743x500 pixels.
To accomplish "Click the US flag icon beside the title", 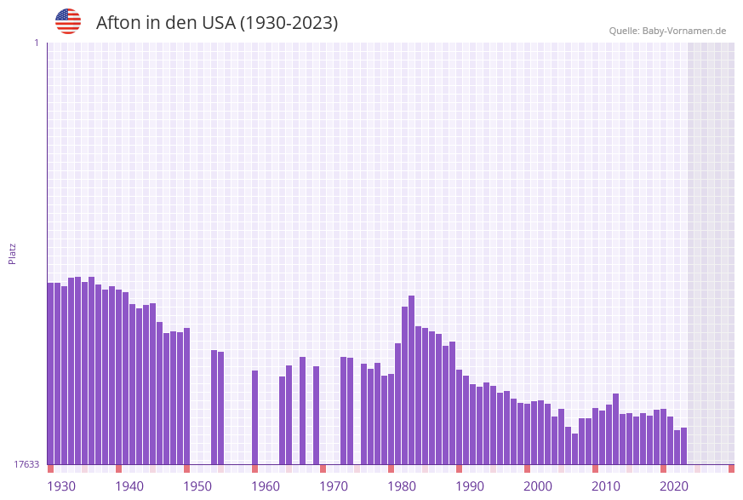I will pos(68,21).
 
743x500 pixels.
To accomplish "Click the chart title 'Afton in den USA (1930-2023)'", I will pos(217,23).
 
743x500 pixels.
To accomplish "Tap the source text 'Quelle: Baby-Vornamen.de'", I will pos(667,31).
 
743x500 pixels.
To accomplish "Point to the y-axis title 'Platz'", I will pos(13,253).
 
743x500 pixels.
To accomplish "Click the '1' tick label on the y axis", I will pos(36,43).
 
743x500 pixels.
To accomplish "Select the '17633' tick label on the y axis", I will pos(26,464).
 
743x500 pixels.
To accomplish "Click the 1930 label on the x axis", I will pos(61,486).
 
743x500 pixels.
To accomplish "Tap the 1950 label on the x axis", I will pos(197,486).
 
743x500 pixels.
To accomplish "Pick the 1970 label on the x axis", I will pos(334,486).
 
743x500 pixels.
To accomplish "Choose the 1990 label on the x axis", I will pos(470,486).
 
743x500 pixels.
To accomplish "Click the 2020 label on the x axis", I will pos(674,486).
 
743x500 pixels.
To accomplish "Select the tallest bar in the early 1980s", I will pos(412,379).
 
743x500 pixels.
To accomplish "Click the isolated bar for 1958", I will pos(255,417).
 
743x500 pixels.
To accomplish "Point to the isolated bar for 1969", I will pos(317,415).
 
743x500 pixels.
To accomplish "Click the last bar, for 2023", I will pos(684,445).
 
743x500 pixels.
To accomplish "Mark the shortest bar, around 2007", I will pos(575,449).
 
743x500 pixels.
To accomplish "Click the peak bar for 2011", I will pos(616,428).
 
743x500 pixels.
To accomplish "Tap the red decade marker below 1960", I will pos(255,468).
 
